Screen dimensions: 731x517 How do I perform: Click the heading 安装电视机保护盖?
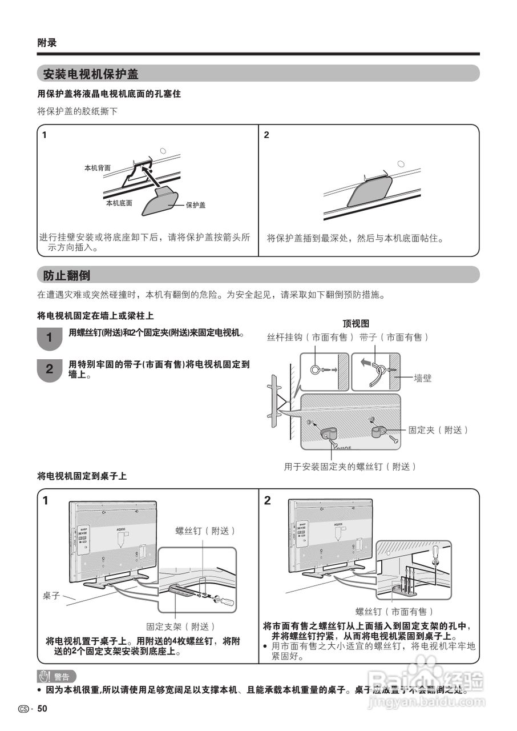[x=91, y=74]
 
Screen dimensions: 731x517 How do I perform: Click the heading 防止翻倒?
[x=67, y=275]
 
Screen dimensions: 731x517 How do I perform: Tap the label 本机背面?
[x=97, y=168]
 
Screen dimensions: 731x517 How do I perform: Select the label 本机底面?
[x=119, y=203]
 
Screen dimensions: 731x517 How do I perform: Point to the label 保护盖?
[x=195, y=205]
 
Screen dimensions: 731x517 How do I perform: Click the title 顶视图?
[x=356, y=323]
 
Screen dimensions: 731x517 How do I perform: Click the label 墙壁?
[x=427, y=377]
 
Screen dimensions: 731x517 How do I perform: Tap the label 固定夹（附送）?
[x=438, y=430]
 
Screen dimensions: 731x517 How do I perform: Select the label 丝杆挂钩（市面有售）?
[x=310, y=338]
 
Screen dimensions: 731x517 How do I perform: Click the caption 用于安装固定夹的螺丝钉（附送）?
[x=350, y=467]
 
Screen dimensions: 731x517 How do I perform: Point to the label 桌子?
[x=51, y=595]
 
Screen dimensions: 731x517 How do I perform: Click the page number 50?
[x=42, y=709]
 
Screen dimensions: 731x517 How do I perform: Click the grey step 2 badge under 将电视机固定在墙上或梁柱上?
[x=49, y=369]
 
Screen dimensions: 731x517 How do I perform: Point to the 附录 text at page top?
[x=47, y=43]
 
